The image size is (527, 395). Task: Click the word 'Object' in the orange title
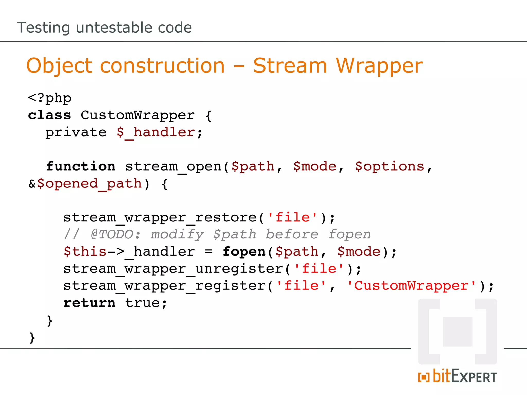(x=59, y=66)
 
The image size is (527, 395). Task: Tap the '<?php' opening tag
(x=50, y=98)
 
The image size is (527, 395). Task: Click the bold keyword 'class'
(x=49, y=115)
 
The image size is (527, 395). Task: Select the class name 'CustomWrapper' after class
(x=138, y=115)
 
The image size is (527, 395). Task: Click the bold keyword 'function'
(x=81, y=166)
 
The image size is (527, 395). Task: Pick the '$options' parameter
(x=390, y=166)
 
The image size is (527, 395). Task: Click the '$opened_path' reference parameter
(x=90, y=184)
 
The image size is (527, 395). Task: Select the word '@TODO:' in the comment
(x=116, y=234)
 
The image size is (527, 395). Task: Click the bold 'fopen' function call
(x=244, y=252)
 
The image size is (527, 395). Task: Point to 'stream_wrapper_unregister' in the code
(x=173, y=269)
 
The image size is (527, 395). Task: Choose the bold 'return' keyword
(x=89, y=303)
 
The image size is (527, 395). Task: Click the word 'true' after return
(x=142, y=303)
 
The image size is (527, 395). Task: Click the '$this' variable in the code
(x=85, y=252)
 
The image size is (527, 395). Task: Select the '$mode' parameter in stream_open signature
(x=315, y=166)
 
